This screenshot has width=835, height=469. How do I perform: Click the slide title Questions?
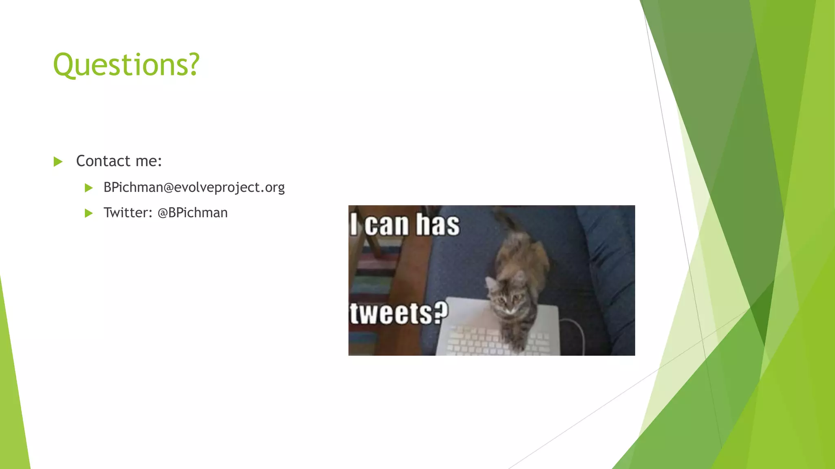(126, 65)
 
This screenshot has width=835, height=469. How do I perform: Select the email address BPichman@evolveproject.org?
(194, 187)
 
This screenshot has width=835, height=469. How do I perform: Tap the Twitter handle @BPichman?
(192, 213)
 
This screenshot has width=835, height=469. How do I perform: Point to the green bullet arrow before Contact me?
(58, 162)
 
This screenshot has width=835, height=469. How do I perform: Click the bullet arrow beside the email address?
(88, 188)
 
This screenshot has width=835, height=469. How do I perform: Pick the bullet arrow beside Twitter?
(88, 213)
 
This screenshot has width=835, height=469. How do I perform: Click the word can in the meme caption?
(386, 225)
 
